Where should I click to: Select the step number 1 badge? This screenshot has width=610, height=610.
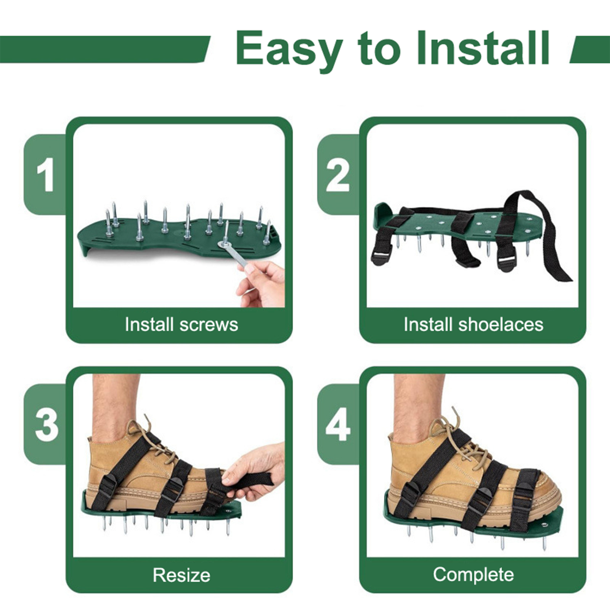coord(45,175)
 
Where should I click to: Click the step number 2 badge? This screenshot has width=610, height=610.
coord(338,175)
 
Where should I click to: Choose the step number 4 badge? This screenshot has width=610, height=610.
coord(338,425)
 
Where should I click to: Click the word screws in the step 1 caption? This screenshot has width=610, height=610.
coord(209,325)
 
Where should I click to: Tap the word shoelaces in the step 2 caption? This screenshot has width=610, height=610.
coord(501,324)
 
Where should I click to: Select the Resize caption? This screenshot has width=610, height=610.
coord(181,575)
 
